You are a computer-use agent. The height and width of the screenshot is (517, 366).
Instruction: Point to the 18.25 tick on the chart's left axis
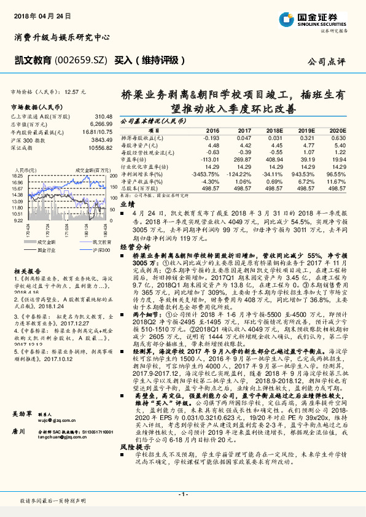click(17, 175)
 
